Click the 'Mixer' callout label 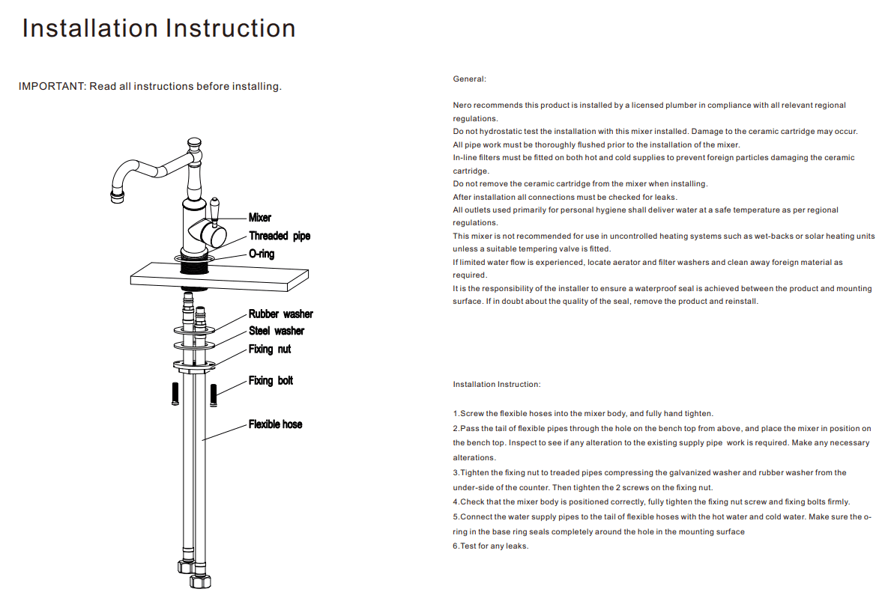coord(260,218)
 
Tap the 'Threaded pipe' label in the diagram coord(280,236)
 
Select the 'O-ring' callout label coord(262,254)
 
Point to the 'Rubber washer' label coord(281,314)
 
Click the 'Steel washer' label coord(277,331)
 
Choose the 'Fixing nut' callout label coord(270,349)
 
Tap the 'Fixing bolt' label coord(271,380)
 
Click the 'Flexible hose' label coord(275,424)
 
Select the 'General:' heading coord(469,79)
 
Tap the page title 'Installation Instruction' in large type coord(159,28)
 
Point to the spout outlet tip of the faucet coord(118,198)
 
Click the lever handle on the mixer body coord(215,212)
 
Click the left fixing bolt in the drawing coord(174,394)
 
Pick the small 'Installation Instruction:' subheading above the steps coord(496,385)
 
